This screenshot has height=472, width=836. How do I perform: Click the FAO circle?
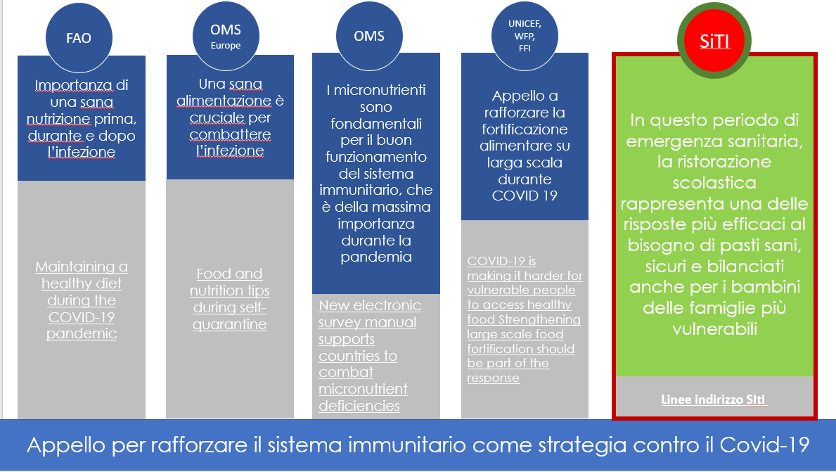pyautogui.click(x=79, y=38)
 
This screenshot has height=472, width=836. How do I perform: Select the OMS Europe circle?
pyautogui.click(x=226, y=37)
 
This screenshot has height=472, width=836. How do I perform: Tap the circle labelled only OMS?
pyautogui.click(x=369, y=37)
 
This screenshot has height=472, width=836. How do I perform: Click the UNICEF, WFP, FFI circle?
pyautogui.click(x=525, y=37)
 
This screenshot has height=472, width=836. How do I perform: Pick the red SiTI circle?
pyautogui.click(x=714, y=41)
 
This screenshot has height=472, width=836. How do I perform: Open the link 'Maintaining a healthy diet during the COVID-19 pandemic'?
pyautogui.click(x=82, y=300)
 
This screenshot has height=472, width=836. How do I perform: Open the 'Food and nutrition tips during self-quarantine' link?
pyautogui.click(x=230, y=299)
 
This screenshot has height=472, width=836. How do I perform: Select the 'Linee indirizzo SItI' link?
pyautogui.click(x=714, y=400)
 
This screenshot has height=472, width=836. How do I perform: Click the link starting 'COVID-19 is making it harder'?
pyautogui.click(x=525, y=319)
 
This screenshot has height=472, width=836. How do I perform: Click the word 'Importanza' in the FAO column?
pyautogui.click(x=74, y=85)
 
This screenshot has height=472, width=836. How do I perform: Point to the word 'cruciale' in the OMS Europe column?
pyautogui.click(x=217, y=118)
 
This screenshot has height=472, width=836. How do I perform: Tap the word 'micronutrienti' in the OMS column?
pyautogui.click(x=380, y=90)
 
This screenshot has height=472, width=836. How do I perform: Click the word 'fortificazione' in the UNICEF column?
pyautogui.click(x=525, y=129)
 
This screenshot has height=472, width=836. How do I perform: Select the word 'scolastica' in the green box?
pyautogui.click(x=714, y=183)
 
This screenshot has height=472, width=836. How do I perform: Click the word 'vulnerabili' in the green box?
pyautogui.click(x=714, y=329)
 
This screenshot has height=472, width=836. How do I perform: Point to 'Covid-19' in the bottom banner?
pyautogui.click(x=764, y=445)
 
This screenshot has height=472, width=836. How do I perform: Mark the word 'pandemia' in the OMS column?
pyautogui.click(x=376, y=257)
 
